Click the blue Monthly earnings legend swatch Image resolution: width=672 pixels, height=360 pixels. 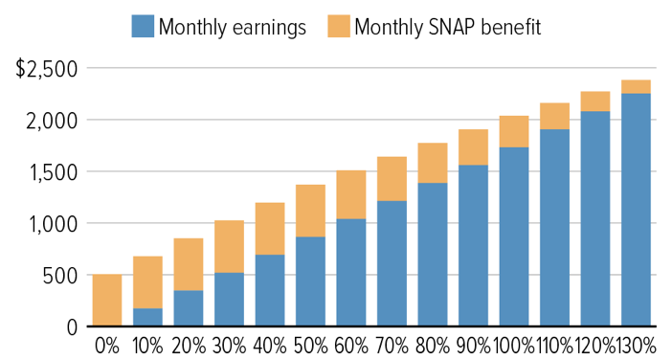pyautogui.click(x=143, y=27)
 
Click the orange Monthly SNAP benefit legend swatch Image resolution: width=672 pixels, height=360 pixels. pyautogui.click(x=338, y=27)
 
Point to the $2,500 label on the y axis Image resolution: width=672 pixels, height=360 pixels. pyautogui.click(x=46, y=69)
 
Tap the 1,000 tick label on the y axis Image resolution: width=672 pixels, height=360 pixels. pyautogui.click(x=54, y=224)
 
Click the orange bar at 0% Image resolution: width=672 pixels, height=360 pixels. pyautogui.click(x=107, y=301)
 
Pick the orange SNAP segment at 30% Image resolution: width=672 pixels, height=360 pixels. pyautogui.click(x=229, y=247)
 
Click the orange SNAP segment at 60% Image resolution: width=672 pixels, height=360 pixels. pyautogui.click(x=351, y=195)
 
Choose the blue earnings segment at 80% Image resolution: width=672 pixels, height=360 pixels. pyautogui.click(x=433, y=255)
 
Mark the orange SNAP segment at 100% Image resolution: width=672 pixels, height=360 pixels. pyautogui.click(x=514, y=131)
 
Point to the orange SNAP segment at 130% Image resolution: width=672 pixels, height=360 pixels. pyautogui.click(x=636, y=86)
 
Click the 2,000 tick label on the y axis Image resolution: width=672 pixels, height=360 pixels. pyautogui.click(x=54, y=121)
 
